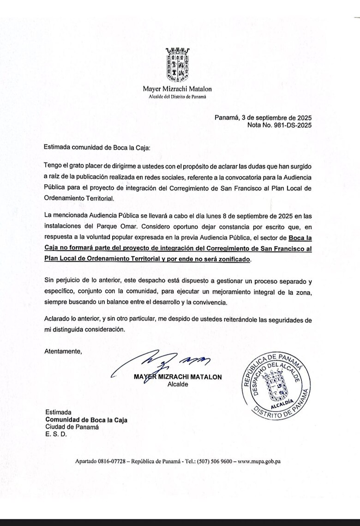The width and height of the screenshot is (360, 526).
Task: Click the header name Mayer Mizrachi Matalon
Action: pyautogui.click(x=178, y=89)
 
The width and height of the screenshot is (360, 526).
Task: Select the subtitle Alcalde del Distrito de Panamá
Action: pyautogui.click(x=177, y=97)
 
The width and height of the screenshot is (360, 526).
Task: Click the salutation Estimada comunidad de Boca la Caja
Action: pyautogui.click(x=97, y=147)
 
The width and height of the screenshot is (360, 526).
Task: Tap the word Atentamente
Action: pyautogui.click(x=63, y=351)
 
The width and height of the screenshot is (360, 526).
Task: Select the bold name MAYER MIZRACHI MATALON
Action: pyautogui.click(x=178, y=377)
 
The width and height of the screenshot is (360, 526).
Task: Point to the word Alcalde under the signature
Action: pyautogui.click(x=177, y=385)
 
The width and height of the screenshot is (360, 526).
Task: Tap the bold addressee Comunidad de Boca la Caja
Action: pyautogui.click(x=86, y=420)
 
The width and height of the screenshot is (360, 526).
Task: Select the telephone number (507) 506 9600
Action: pyautogui.click(x=216, y=461)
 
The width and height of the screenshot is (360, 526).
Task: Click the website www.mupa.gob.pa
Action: pyautogui.click(x=259, y=461)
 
